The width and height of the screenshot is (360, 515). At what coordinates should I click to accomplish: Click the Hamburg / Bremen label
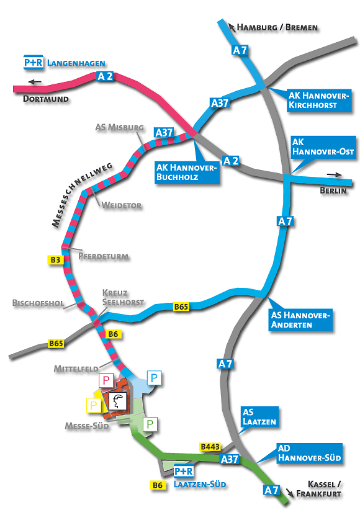point(277,27)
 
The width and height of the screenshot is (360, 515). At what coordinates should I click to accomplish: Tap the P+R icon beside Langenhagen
point(34,62)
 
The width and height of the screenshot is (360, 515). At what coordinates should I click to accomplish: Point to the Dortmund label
point(46,99)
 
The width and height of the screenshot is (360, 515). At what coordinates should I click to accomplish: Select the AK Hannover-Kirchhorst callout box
point(319,101)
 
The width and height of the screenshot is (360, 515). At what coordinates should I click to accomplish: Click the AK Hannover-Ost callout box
point(323,147)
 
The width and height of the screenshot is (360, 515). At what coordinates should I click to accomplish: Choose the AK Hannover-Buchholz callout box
point(187,172)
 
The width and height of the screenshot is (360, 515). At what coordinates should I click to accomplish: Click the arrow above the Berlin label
point(335,175)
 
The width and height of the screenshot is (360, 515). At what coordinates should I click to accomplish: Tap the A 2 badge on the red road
point(105,76)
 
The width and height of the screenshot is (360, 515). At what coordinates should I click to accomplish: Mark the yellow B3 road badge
point(55,260)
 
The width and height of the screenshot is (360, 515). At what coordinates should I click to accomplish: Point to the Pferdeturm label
point(103,256)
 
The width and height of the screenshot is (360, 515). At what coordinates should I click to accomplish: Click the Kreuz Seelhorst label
point(123,297)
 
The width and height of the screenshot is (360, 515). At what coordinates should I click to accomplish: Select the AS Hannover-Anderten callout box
point(300,320)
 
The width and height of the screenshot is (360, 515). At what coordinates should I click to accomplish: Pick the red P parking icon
point(106,380)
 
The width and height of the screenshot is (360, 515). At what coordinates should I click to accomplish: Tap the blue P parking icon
point(154,378)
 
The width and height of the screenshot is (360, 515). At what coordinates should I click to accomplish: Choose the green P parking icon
point(150,424)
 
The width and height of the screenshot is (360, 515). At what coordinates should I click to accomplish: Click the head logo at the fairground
point(117,401)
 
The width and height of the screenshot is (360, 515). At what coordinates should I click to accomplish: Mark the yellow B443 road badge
point(210,447)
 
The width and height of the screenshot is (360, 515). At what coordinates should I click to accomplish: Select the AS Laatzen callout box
point(259,417)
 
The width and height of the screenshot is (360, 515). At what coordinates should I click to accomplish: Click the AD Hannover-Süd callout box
point(310,453)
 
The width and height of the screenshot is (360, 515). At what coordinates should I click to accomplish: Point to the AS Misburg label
point(119,127)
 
